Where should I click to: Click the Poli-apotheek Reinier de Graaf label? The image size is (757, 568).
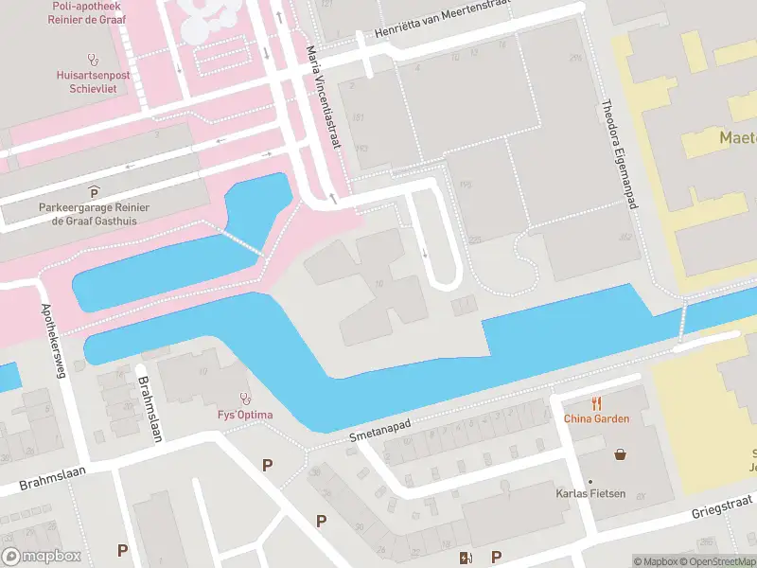click(x=94, y=10)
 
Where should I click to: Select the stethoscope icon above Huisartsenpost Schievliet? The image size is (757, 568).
click(x=93, y=59)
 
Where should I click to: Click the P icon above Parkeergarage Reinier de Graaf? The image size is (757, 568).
click(x=94, y=192)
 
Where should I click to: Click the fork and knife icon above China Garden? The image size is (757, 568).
click(x=596, y=402)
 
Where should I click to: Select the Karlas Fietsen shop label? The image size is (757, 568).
click(x=590, y=494)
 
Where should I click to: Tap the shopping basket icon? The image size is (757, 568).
click(x=620, y=454)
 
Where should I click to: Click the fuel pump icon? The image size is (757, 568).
click(x=464, y=558)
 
